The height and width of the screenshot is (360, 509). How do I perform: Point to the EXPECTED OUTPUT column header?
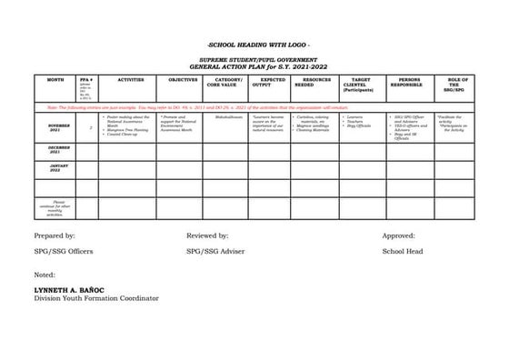(x=272, y=83)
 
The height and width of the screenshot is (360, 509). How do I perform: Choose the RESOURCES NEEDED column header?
(x=316, y=83)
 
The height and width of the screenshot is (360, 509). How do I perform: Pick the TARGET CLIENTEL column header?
(x=361, y=85)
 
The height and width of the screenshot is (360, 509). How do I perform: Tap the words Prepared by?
(x=55, y=235)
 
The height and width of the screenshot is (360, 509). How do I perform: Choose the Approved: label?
(x=398, y=235)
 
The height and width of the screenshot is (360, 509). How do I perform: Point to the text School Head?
(x=402, y=251)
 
